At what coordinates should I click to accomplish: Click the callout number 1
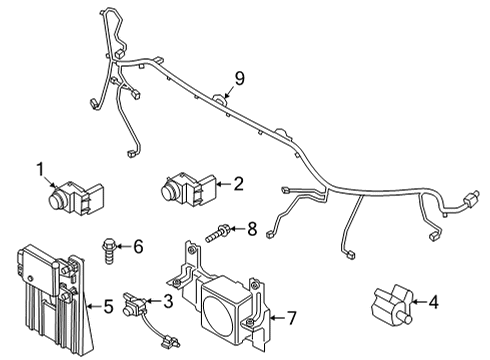40,170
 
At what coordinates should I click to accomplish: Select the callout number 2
238,184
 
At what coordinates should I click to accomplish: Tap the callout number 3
168,301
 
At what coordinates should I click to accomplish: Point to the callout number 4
433,302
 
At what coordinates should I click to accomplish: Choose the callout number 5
108,306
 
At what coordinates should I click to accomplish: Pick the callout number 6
138,246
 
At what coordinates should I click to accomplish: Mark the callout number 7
291,318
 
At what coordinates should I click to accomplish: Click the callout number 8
252,229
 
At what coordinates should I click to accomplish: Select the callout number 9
239,79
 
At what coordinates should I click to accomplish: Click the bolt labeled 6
107,250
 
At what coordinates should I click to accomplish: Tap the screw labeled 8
217,233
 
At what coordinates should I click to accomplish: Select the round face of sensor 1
55,200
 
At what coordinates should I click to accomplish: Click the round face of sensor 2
168,190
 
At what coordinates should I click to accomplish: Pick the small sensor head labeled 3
133,305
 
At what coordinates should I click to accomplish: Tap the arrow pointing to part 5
94,306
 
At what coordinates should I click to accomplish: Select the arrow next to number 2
224,184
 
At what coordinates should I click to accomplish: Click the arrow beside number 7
277,318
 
